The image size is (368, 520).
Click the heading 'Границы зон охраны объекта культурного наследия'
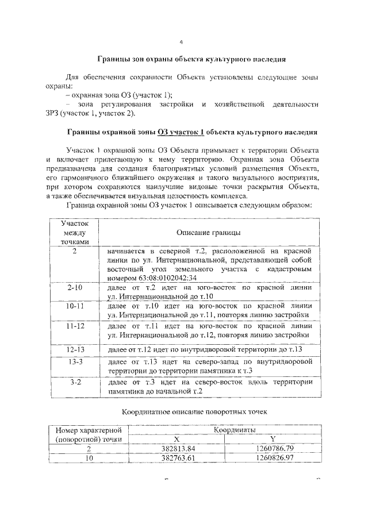click(x=191, y=59)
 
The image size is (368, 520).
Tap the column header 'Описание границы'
click(x=209, y=233)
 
